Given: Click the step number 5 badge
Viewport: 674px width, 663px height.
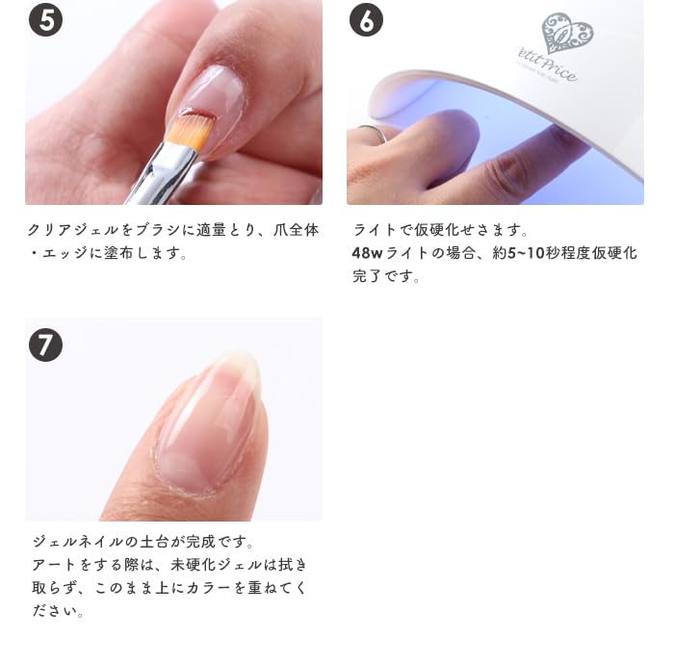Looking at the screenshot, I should click(x=45, y=20).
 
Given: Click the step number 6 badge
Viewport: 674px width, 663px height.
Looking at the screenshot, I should click(x=366, y=20).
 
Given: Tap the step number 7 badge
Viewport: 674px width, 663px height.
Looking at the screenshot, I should click(x=45, y=344).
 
